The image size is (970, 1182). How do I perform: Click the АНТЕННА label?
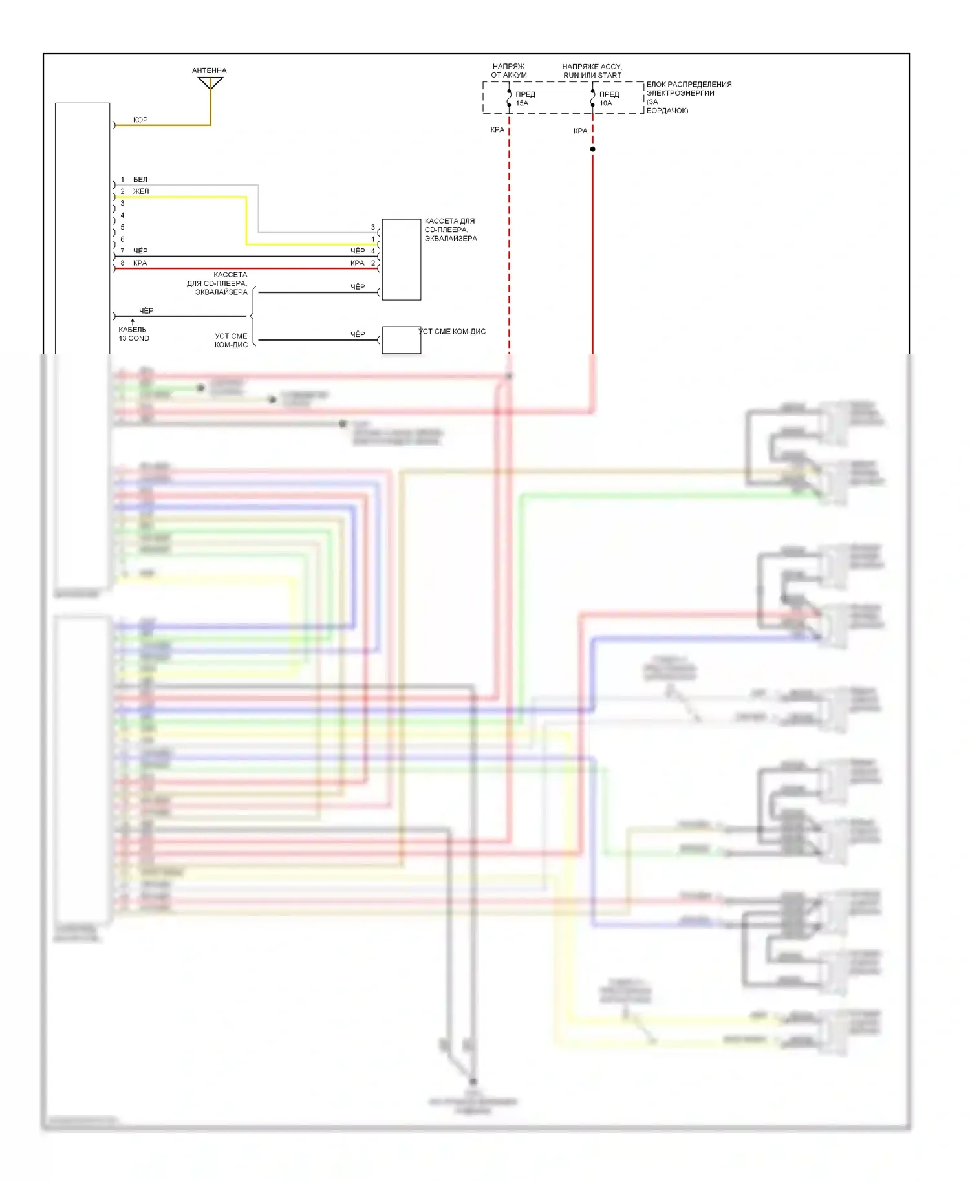pos(209,70)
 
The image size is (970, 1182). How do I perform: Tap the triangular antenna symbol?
pos(210,83)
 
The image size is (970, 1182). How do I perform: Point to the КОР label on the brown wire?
pos(140,120)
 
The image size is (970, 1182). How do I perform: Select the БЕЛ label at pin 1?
pos(140,179)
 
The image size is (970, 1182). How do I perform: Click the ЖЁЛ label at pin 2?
pos(140,191)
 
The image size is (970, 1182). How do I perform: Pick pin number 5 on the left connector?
pos(122,227)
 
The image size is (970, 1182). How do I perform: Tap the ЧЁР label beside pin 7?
pos(140,251)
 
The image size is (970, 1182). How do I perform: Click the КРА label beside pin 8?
pos(140,263)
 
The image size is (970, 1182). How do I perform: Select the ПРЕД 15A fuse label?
pos(524,98)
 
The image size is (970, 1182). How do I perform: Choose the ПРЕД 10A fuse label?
pos(608,98)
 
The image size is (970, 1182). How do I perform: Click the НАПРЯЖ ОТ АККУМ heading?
pos(508,70)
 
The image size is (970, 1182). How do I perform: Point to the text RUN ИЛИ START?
pos(592,75)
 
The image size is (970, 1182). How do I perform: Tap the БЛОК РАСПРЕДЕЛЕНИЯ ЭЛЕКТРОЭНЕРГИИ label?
pos(689,89)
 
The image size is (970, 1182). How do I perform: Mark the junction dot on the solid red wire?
pos(592,149)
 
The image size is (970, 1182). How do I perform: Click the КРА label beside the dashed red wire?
pos(497,129)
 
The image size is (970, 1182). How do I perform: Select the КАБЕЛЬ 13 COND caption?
pos(133,334)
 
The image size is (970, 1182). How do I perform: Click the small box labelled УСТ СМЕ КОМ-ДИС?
pos(401,339)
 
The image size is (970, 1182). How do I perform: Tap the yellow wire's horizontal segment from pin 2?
pos(181,197)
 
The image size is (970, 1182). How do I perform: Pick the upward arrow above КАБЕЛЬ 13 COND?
pos(133,321)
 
